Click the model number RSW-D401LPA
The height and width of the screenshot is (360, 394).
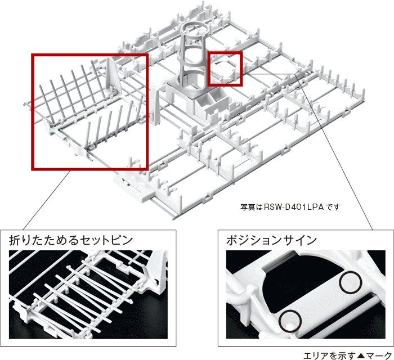[294, 207]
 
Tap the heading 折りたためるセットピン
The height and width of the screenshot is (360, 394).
[71, 240]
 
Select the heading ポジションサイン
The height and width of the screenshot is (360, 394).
[271, 240]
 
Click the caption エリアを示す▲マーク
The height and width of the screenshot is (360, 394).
[347, 355]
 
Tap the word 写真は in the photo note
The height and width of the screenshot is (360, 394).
[252, 207]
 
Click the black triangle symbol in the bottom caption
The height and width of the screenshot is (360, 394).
[361, 355]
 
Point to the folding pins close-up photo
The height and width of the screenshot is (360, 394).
[88, 294]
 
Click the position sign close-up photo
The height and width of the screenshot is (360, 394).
[306, 294]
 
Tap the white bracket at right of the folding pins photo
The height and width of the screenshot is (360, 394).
[157, 271]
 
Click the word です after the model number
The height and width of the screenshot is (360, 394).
[333, 207]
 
